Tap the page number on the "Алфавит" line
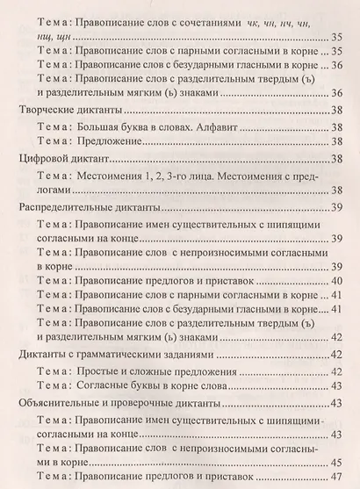(x=335, y=126)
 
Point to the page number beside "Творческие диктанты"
(x=335, y=111)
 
